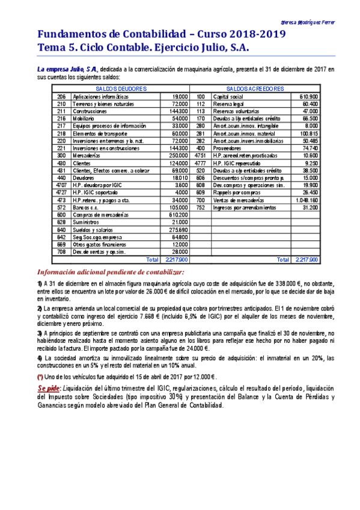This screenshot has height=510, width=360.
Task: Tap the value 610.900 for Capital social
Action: coord(308,97)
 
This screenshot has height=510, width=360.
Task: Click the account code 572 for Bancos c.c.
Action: coord(61,207)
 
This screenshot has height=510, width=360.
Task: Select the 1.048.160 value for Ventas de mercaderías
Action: coord(307,200)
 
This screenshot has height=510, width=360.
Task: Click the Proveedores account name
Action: coord(227,148)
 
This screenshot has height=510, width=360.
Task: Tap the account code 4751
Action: coord(200,155)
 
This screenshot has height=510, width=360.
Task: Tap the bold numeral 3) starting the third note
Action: coord(40,333)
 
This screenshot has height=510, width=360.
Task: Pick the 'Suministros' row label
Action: coord(86,222)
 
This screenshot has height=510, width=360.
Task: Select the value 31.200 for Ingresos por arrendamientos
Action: coord(309,207)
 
